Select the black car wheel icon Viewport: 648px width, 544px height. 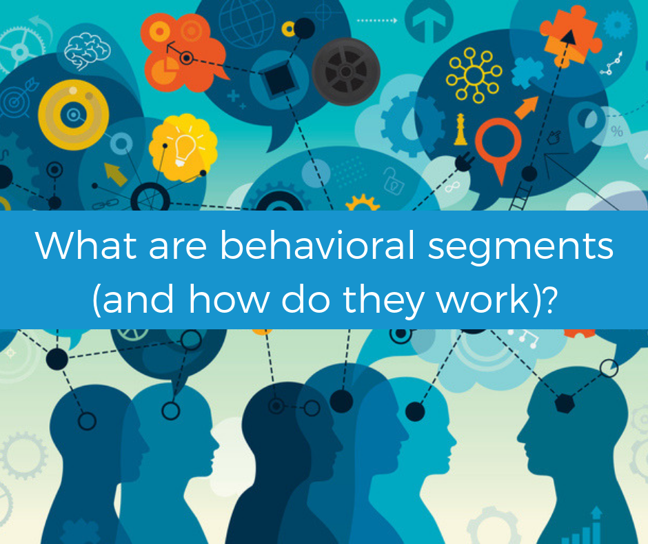tap(347, 72)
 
